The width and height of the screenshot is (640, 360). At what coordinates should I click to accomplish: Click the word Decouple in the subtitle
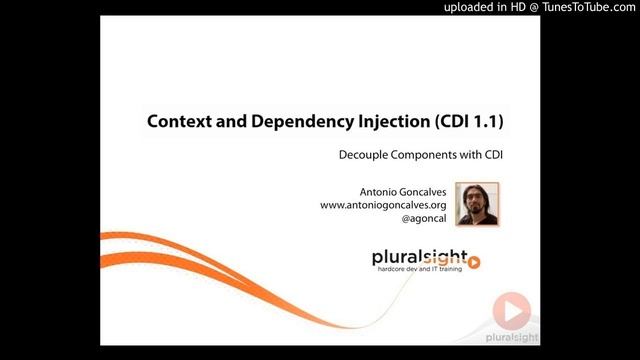[364, 156]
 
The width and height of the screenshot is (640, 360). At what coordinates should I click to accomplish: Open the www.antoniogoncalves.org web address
[383, 205]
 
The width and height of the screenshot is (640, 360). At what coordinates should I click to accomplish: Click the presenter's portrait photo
[477, 204]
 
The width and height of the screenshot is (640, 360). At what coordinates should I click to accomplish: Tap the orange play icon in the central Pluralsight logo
[474, 263]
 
